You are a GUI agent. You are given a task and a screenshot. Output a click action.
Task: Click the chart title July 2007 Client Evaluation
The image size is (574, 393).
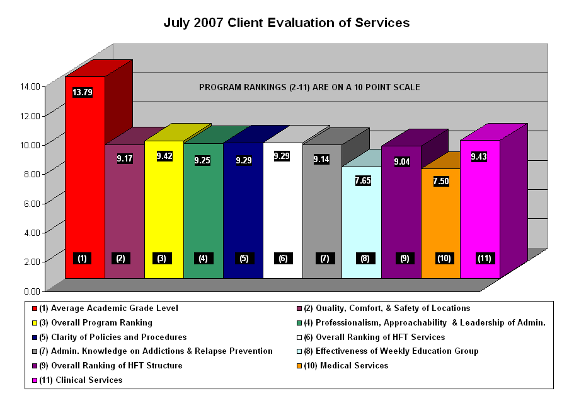(x=287, y=23)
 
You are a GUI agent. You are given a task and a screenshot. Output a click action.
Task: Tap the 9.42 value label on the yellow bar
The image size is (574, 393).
(x=164, y=156)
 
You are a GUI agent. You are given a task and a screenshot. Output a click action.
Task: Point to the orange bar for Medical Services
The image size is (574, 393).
(x=440, y=221)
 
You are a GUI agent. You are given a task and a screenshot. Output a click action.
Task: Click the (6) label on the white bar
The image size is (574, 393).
(x=283, y=258)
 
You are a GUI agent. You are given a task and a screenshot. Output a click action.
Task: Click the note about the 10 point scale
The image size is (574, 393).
(x=309, y=87)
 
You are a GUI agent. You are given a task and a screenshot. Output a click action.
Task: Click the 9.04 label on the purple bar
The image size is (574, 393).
(x=401, y=161)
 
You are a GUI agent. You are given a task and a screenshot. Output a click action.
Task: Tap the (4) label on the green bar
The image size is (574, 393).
(x=204, y=258)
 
